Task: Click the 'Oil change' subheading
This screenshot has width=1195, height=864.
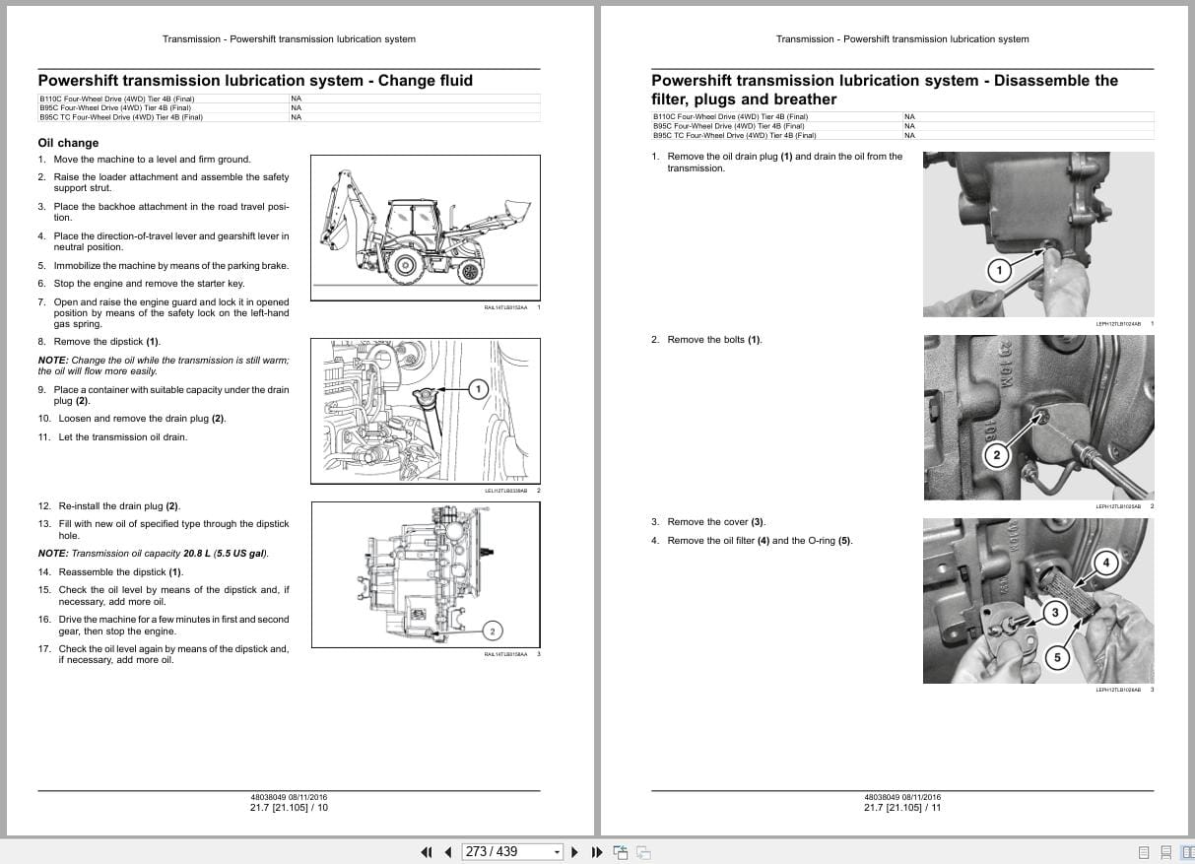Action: click(x=68, y=143)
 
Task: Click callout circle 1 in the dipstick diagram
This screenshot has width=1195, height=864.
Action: click(x=479, y=389)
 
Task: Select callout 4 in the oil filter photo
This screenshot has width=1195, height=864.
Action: click(x=1105, y=564)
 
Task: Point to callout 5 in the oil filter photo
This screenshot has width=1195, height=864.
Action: click(x=1057, y=658)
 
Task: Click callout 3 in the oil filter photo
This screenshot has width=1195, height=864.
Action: click(x=1055, y=613)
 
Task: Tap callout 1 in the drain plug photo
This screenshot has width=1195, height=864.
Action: click(x=998, y=270)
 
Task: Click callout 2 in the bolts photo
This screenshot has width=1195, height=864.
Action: click(x=996, y=454)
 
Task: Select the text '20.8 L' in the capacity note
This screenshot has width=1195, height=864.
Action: click(x=198, y=554)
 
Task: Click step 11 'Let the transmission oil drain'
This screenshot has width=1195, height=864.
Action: click(x=122, y=437)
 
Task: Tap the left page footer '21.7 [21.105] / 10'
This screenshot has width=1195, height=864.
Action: click(x=289, y=808)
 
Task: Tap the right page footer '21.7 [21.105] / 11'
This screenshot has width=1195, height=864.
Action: click(x=902, y=808)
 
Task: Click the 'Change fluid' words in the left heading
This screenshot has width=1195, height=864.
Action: click(x=425, y=81)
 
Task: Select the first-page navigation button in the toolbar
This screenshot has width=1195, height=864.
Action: click(x=427, y=852)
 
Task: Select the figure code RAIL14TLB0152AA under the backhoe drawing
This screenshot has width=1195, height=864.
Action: click(x=505, y=307)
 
